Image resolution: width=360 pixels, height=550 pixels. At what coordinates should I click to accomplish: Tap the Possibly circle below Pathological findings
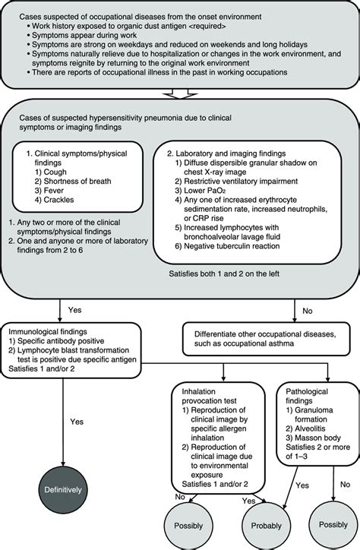pyautogui.click(x=327, y=523)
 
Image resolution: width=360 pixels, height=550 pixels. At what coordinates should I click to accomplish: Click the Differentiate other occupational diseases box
pyautogui.click(x=264, y=339)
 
